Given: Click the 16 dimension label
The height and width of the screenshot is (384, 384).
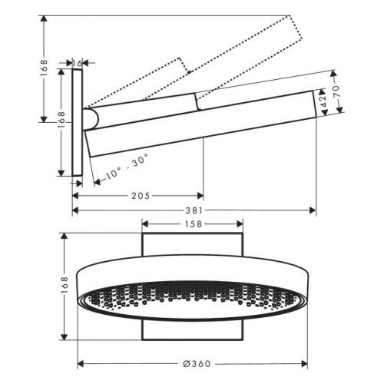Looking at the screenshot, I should pyautogui.click(x=77, y=62).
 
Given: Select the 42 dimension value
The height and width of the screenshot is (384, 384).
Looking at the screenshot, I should pyautogui.click(x=325, y=101).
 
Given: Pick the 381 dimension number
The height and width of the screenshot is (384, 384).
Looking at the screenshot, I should pyautogui.click(x=194, y=210).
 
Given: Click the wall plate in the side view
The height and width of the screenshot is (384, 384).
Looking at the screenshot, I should pyautogui.click(x=78, y=124).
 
